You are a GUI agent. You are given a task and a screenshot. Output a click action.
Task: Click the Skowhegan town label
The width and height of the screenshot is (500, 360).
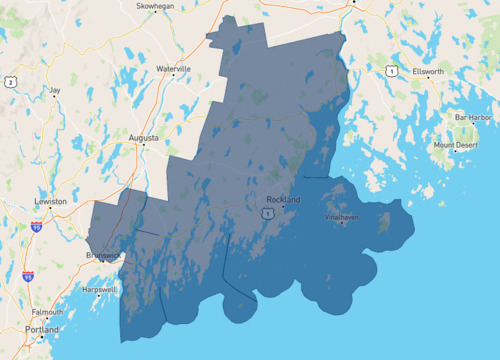point(154,5)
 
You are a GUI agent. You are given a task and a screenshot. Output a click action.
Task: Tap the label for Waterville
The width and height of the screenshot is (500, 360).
point(173,68)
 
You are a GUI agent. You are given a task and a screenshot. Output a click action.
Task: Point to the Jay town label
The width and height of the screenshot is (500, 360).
point(55,90)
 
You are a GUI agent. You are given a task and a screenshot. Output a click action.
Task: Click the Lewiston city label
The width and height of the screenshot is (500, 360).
point(50,201)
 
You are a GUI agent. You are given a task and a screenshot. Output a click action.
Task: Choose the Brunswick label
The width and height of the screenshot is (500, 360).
point(103,255)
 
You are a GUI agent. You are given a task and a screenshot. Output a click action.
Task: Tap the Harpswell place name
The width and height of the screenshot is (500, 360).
point(100,289)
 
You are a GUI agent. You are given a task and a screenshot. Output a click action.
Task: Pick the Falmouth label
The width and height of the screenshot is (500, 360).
point(46,312)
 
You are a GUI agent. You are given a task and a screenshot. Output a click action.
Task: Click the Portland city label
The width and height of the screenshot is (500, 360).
point(43,329)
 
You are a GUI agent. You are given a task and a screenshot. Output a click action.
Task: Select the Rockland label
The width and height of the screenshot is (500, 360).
point(283,200)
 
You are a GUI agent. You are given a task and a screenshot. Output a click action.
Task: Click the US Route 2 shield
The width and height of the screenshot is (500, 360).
point(10,82)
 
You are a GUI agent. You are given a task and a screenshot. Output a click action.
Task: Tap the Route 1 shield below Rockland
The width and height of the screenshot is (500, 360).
point(267,213)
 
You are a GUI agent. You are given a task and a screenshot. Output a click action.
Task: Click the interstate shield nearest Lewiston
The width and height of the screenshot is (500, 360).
point(38,228)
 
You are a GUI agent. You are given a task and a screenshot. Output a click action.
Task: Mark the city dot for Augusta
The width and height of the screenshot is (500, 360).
point(143,144)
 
